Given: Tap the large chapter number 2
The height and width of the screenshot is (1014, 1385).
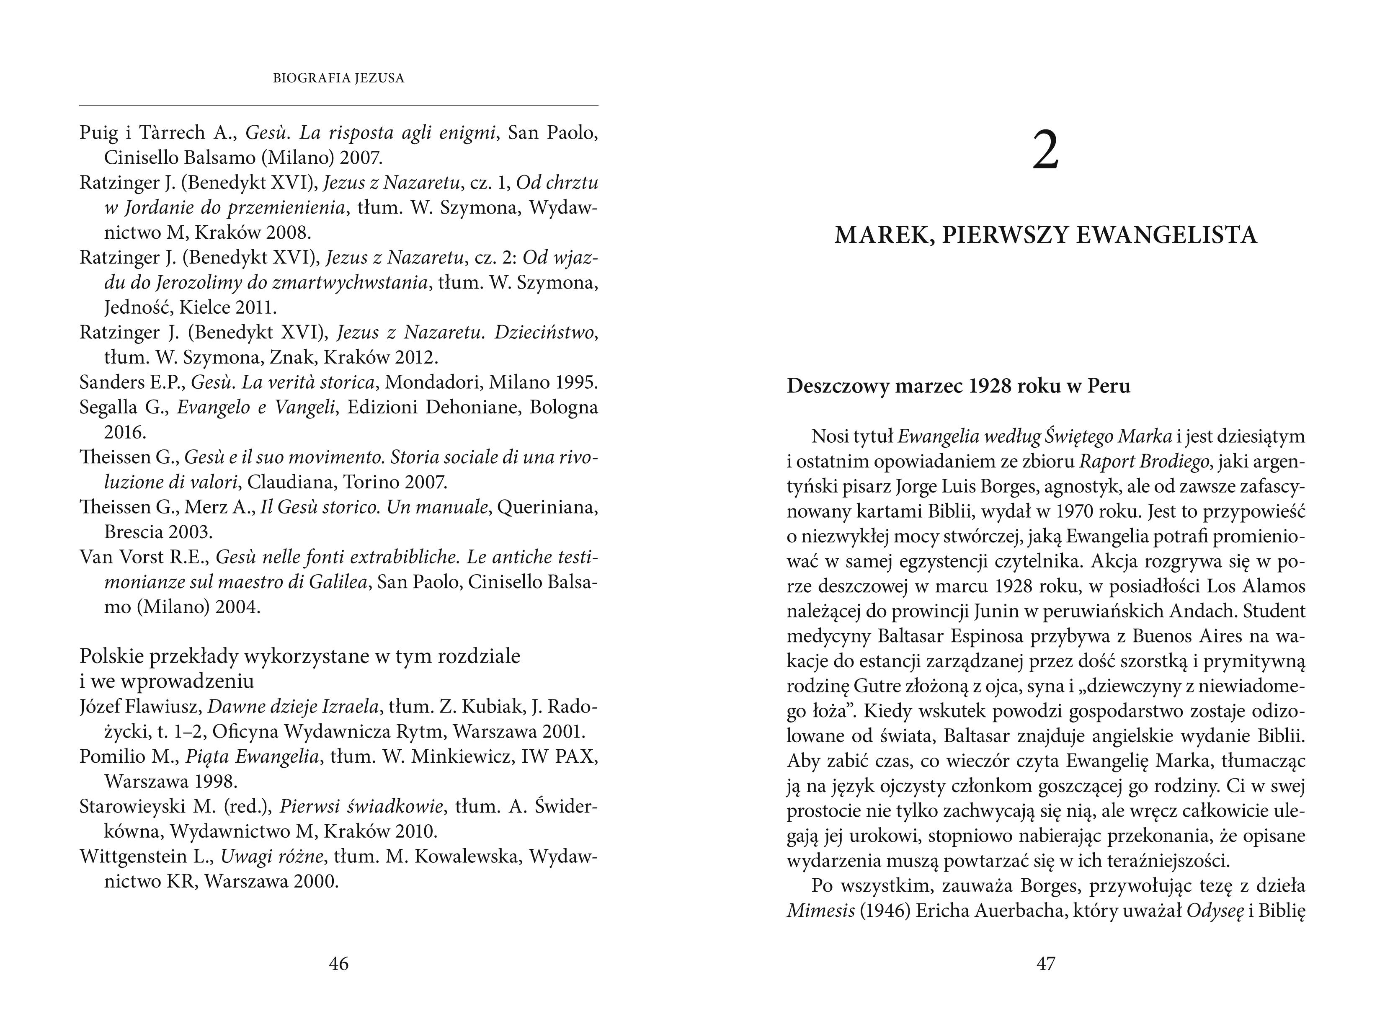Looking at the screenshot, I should [1046, 152].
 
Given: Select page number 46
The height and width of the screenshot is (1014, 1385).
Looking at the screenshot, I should [339, 964].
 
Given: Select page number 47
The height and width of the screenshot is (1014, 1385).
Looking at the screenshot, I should [1046, 964].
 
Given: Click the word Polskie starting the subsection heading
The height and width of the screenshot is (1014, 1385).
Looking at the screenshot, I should [111, 656].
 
